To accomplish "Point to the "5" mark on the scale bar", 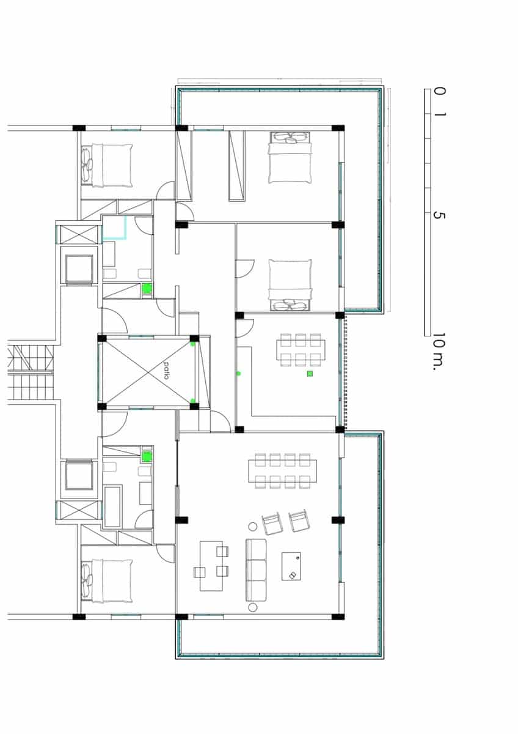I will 439,215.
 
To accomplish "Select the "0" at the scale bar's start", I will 439,91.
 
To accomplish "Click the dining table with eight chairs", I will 283,471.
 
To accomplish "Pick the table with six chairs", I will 299,350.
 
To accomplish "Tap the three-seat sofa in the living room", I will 256,569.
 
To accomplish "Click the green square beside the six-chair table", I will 310,373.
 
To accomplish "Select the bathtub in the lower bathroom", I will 112,506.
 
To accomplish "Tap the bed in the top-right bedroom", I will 290,157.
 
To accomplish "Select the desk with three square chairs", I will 211,565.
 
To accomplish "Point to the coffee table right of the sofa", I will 291,566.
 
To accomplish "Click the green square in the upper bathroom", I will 147,289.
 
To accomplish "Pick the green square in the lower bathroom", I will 147,456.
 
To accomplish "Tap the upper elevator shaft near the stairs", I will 79,269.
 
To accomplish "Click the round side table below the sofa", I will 253,607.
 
